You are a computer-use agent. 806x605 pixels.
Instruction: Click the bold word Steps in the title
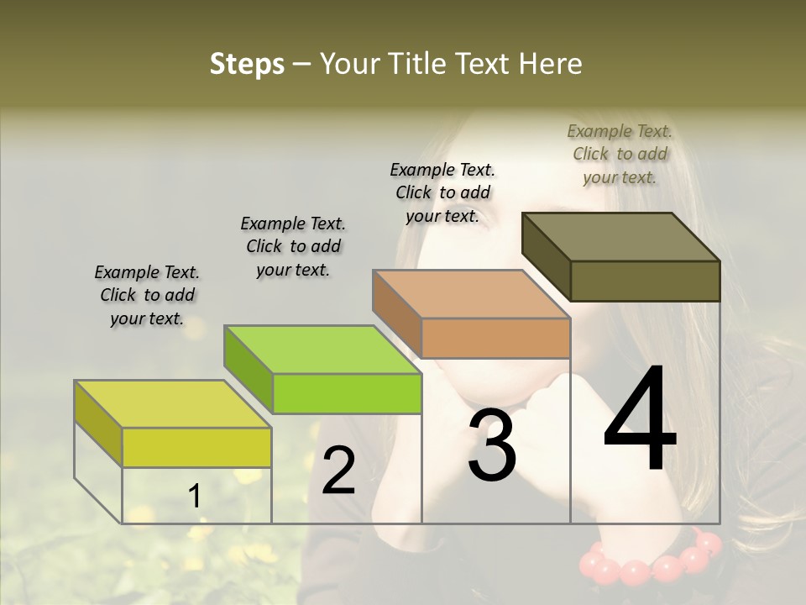(247, 64)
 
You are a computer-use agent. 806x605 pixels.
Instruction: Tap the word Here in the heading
(551, 64)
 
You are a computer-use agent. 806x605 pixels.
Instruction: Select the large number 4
(640, 420)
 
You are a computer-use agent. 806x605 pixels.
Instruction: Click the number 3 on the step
(491, 445)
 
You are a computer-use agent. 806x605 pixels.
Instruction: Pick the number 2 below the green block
(338, 471)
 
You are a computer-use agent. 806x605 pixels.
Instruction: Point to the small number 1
(194, 497)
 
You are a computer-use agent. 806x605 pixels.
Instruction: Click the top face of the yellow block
(172, 404)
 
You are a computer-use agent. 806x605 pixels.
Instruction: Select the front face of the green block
(347, 393)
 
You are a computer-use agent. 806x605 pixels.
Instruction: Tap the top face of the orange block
(470, 294)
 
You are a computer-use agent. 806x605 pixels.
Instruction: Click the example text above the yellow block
(147, 295)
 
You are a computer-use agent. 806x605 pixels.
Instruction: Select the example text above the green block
(293, 246)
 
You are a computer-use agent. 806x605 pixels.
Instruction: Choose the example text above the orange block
(442, 192)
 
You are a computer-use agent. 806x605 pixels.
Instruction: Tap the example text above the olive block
(620, 154)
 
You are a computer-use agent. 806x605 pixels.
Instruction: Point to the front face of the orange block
(495, 338)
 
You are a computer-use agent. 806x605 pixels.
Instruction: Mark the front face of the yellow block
(196, 447)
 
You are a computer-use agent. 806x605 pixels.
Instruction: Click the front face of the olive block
(645, 281)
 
